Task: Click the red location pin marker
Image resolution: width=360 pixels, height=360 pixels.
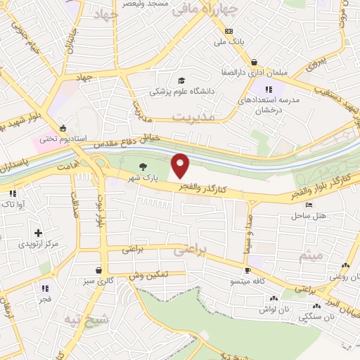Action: [181, 165]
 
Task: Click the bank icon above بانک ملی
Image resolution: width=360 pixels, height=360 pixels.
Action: [229, 32]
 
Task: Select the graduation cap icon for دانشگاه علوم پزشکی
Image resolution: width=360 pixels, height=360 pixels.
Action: [181, 81]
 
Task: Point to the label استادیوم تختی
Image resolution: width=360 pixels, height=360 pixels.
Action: [62, 139]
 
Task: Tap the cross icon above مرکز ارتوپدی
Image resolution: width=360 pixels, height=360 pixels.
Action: [38, 233]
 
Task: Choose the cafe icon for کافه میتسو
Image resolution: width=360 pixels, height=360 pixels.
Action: [247, 271]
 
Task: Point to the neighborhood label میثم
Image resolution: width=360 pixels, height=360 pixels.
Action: [310, 256]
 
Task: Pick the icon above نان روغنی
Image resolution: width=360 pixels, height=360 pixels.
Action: [345, 265]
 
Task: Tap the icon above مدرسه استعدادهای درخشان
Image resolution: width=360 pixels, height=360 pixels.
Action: [268, 89]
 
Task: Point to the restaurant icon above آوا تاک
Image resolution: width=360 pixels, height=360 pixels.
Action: [13, 193]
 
